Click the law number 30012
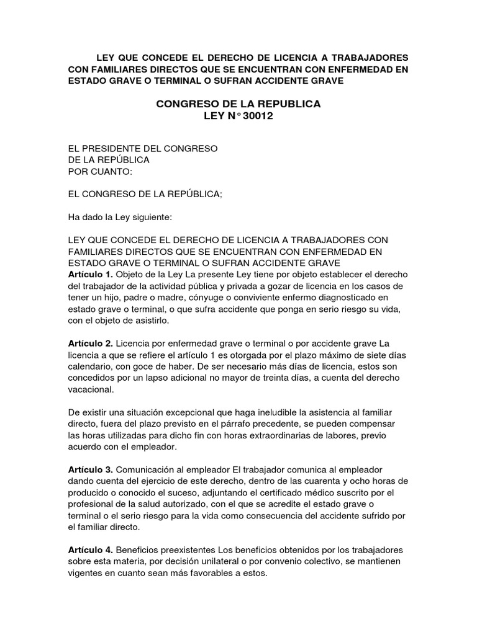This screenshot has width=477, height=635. click(x=257, y=116)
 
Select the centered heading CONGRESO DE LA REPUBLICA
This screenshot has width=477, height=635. click(x=238, y=104)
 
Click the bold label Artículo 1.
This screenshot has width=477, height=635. click(x=90, y=273)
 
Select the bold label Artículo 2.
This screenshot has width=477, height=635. click(x=90, y=343)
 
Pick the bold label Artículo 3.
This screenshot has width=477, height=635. click(x=90, y=469)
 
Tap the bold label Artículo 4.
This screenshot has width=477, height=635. click(x=90, y=550)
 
